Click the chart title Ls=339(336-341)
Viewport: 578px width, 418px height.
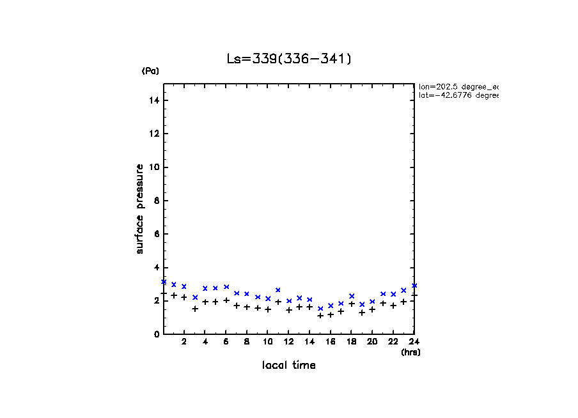click(x=289, y=59)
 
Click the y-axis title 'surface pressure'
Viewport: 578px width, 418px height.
click(x=139, y=209)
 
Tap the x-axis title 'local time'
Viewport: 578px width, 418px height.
click(x=288, y=366)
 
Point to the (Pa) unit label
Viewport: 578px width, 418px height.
click(x=150, y=71)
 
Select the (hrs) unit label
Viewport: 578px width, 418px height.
click(x=410, y=352)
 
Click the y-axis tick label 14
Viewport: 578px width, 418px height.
click(x=155, y=100)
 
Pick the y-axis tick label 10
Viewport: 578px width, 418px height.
click(x=155, y=167)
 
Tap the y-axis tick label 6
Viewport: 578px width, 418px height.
click(x=157, y=234)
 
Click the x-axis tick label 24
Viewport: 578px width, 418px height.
click(x=414, y=342)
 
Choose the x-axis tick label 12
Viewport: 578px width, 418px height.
click(x=289, y=342)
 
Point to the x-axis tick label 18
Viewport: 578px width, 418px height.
click(x=352, y=342)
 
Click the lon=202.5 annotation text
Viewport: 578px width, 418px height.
click(x=458, y=86)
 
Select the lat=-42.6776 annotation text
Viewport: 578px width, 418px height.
click(x=458, y=95)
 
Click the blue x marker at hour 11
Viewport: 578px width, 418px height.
click(x=278, y=290)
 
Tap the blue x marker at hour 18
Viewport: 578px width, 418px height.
click(x=352, y=296)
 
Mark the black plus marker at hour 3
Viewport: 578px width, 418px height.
click(x=195, y=309)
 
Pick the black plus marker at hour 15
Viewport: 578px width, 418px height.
click(x=320, y=315)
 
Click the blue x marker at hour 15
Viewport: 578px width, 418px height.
click(x=320, y=309)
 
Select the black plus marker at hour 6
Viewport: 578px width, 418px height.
click(x=226, y=300)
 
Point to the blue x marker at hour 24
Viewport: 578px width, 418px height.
click(x=414, y=285)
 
